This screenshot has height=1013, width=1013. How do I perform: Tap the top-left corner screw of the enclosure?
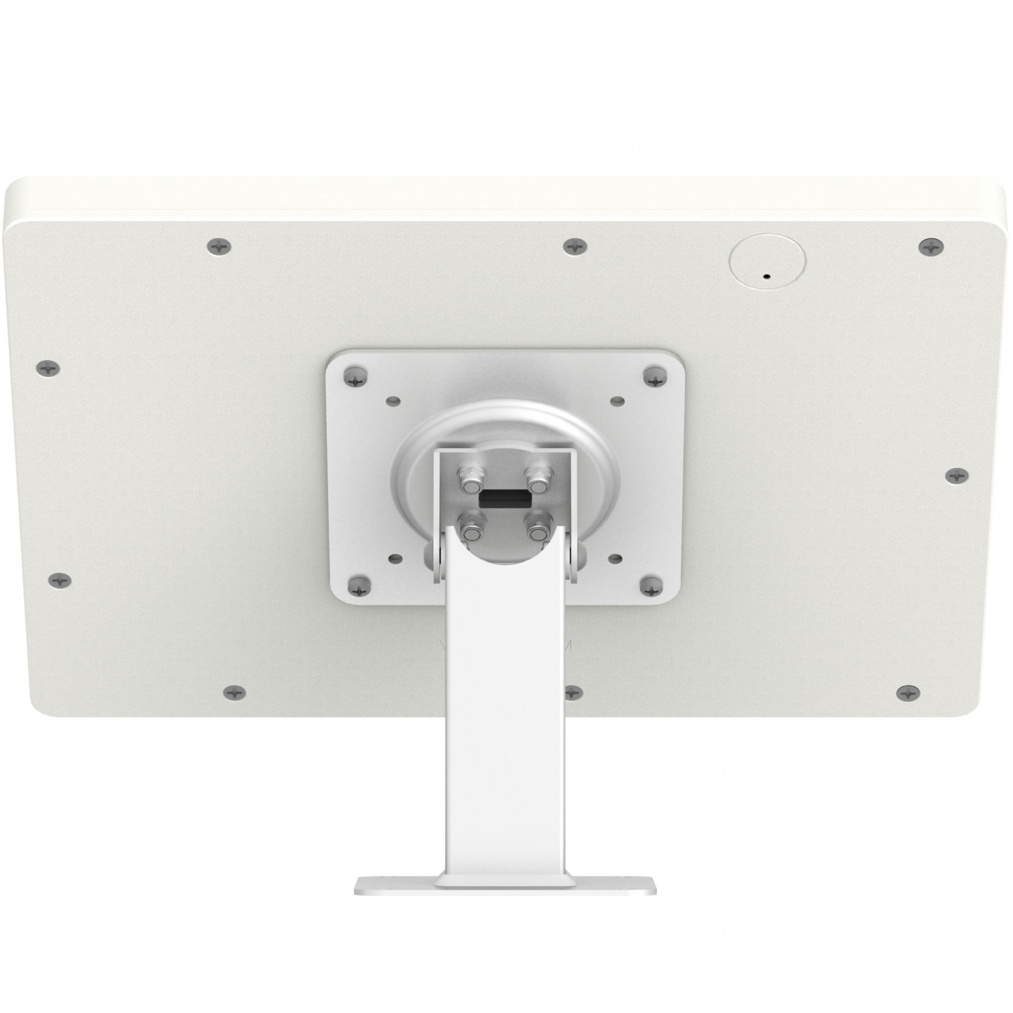point(219,246)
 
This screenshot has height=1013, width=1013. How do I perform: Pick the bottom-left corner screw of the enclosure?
point(235,692)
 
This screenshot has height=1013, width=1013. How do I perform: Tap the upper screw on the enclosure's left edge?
point(48,368)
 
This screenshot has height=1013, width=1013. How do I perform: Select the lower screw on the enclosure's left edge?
point(60,580)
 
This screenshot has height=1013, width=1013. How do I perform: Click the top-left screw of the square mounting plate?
point(355,377)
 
